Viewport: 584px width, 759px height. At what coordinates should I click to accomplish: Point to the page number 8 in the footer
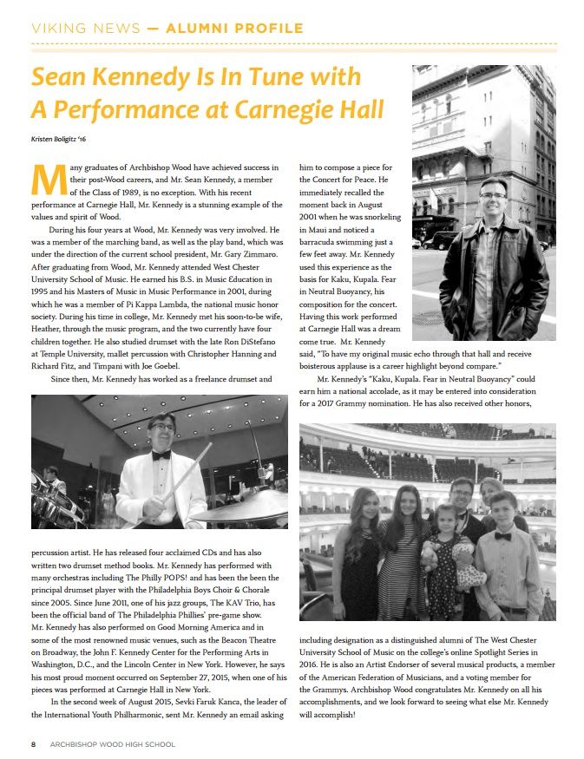point(33,743)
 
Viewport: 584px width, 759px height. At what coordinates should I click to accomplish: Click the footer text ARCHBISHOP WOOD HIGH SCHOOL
point(113,743)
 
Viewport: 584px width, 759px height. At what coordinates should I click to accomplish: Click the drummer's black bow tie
point(161,455)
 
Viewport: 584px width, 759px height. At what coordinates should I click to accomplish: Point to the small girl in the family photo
point(447,564)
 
